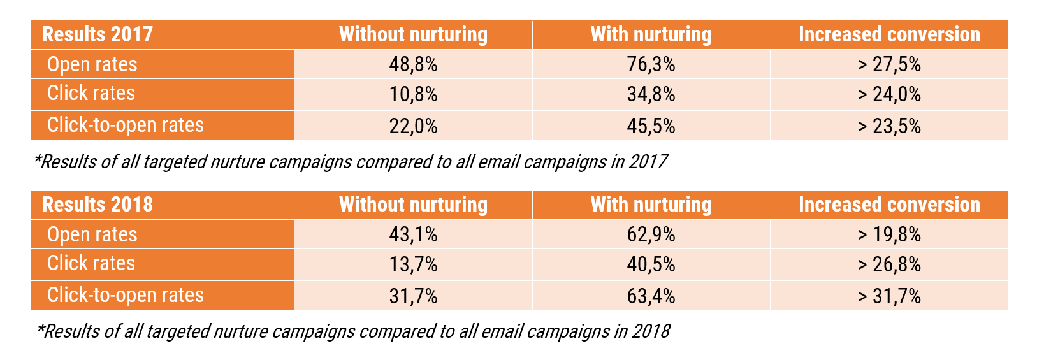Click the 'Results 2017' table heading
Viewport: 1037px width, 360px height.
coord(98,34)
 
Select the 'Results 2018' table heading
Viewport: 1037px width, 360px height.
coord(98,205)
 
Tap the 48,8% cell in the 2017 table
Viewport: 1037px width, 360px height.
coord(413,64)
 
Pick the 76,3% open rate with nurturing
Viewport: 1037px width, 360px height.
coord(651,64)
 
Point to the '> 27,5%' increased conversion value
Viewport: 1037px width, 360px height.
coord(889,64)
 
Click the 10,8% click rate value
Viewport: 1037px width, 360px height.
coord(413,94)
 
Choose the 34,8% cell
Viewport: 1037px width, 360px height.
coord(651,94)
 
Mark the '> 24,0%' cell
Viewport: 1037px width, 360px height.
coord(889,94)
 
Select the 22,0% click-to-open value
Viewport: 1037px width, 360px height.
coord(413,126)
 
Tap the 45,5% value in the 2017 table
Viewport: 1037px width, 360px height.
coord(651,126)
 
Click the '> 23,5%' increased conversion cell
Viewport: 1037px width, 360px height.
coord(889,126)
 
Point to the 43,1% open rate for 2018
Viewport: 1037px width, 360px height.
coord(413,234)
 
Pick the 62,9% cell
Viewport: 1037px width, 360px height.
coord(651,234)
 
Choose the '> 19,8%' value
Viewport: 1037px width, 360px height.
coord(889,234)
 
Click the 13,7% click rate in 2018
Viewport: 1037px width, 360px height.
coord(413,264)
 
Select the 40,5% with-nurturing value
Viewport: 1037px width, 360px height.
coord(651,264)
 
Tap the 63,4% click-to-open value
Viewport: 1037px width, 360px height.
coord(651,296)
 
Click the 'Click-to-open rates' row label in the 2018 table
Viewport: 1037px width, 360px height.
coord(126,296)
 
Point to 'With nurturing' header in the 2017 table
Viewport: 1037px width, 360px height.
coord(651,34)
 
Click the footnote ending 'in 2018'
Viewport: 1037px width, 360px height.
coord(354,331)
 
